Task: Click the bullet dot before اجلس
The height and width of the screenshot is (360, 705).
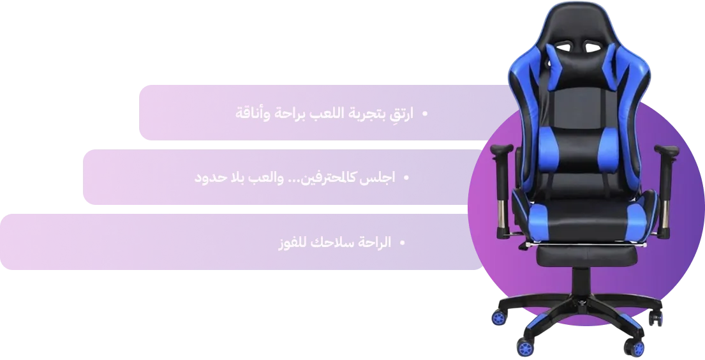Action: (x=406, y=178)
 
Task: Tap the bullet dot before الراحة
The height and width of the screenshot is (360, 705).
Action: (x=403, y=243)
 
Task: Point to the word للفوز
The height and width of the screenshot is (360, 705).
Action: (x=293, y=243)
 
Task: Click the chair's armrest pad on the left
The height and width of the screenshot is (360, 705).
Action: (x=501, y=149)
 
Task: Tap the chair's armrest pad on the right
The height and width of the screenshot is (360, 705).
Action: (x=667, y=152)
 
